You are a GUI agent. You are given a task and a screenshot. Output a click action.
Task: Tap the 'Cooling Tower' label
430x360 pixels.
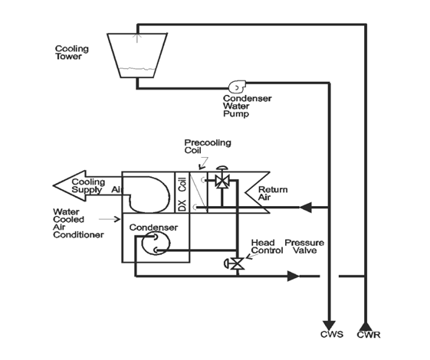71,53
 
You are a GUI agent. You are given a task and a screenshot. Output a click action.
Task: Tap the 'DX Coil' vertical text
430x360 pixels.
182,193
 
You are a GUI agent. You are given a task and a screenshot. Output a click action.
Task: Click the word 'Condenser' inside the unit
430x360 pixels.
153,227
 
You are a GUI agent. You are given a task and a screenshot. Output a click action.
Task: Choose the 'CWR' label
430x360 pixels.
369,335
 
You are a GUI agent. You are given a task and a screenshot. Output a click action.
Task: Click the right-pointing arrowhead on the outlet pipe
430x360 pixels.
294,275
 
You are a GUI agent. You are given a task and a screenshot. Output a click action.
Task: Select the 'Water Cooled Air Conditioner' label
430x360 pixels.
77,223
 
